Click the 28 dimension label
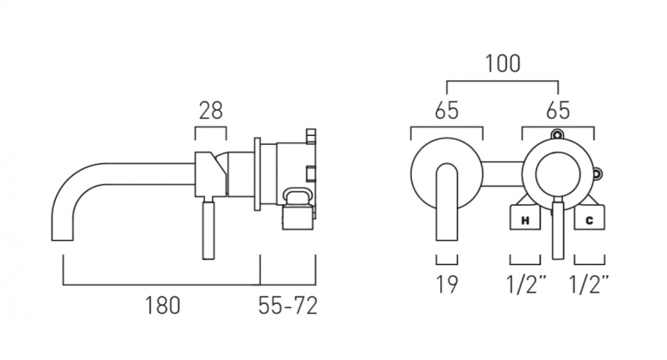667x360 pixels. (x=211, y=111)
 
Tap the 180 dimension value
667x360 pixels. (x=163, y=306)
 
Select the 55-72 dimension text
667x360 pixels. (x=288, y=306)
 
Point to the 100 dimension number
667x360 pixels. (x=503, y=64)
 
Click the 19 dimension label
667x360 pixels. (x=447, y=284)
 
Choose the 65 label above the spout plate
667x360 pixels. (x=447, y=111)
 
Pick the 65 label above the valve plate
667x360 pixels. (x=558, y=111)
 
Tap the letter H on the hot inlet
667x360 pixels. (x=525, y=221)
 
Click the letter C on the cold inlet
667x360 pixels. (x=589, y=221)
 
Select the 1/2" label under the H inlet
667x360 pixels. (x=526, y=284)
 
